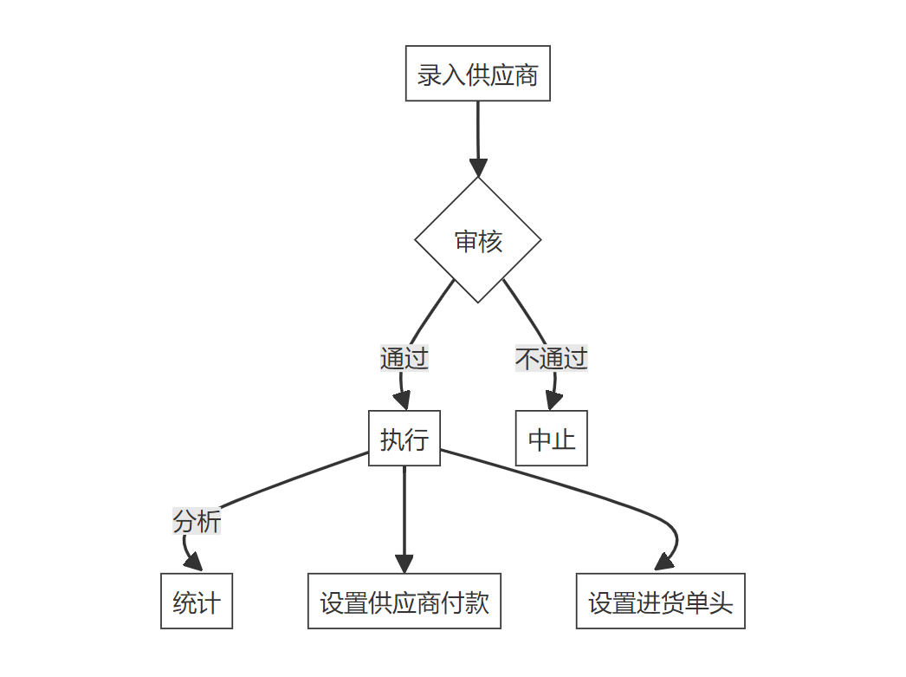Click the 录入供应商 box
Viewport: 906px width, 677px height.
[477, 74]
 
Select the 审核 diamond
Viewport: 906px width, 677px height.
[478, 240]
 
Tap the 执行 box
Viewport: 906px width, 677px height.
[404, 439]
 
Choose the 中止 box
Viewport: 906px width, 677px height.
[552, 439]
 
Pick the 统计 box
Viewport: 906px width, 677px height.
[197, 602]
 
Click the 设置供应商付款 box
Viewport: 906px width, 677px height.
[404, 602]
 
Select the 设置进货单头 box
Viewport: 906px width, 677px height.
[660, 602]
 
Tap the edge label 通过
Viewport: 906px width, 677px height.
[404, 357]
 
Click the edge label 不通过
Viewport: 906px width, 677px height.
[551, 357]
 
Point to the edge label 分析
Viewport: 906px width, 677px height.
[197, 521]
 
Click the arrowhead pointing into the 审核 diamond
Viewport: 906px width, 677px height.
[478, 167]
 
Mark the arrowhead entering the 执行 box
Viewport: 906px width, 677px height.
[401, 400]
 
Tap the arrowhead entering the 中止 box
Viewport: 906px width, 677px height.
[553, 400]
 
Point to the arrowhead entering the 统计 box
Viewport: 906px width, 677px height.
[193, 563]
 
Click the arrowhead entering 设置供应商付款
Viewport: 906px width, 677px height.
[404, 563]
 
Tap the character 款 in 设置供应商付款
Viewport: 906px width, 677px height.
[477, 602]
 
